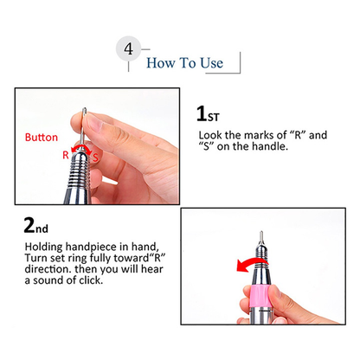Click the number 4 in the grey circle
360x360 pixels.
click(129, 48)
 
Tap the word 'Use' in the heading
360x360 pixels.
click(211, 63)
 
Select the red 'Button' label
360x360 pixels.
click(42, 138)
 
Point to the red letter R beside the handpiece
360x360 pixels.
click(66, 155)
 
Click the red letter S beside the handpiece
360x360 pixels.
click(95, 157)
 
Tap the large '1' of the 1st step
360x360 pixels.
click(201, 113)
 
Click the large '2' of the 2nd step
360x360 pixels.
click(29, 225)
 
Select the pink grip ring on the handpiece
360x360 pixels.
click(259, 296)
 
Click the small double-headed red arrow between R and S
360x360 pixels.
click(82, 150)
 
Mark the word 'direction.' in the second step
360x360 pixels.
click(48, 269)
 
